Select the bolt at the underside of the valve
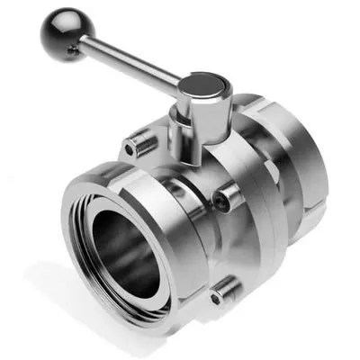224,290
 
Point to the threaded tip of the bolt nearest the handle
136,140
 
